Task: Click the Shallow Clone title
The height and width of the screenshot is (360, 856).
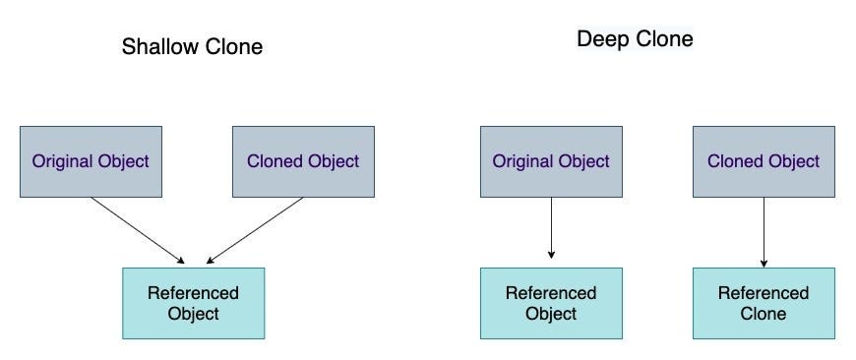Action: [x=192, y=46]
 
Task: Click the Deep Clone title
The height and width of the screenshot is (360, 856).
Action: [x=634, y=39]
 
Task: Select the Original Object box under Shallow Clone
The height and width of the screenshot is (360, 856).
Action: [x=91, y=161]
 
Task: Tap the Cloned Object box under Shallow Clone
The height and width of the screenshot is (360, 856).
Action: [x=303, y=161]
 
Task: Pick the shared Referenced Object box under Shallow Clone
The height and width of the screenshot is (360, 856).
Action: [x=193, y=303]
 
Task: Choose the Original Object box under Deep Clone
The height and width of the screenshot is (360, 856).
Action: [x=551, y=161]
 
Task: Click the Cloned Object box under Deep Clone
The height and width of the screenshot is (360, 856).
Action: [x=764, y=161]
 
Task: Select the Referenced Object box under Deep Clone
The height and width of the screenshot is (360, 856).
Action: [x=551, y=303]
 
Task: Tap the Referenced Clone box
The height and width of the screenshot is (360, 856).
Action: [x=764, y=303]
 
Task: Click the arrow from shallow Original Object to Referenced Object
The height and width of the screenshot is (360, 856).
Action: [x=138, y=230]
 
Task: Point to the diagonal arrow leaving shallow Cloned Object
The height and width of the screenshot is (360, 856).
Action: [x=256, y=230]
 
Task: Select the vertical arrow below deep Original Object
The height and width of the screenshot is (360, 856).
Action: [x=551, y=228]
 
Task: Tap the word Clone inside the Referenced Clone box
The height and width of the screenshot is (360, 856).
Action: [x=764, y=314]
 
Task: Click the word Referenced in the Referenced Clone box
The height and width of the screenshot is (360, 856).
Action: [x=764, y=293]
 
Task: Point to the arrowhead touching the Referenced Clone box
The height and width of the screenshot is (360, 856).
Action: [x=764, y=263]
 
